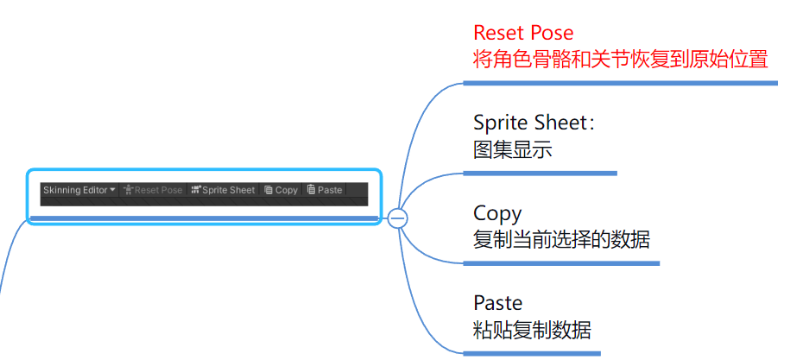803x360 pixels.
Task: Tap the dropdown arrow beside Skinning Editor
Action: (x=113, y=190)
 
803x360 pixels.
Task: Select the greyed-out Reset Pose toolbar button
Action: (x=153, y=190)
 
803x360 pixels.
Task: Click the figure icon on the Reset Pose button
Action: (x=128, y=190)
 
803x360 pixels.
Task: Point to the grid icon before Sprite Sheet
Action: (x=196, y=190)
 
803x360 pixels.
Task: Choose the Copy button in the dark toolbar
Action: (x=281, y=190)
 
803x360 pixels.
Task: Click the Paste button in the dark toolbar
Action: (x=325, y=190)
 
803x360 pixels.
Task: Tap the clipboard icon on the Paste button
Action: (x=311, y=190)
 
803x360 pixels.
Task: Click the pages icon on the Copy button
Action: (x=269, y=190)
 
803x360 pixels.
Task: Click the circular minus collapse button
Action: (x=398, y=218)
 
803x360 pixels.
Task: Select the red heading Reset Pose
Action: (x=523, y=33)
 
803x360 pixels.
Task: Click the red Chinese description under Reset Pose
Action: (x=620, y=59)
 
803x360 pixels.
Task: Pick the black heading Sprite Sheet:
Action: (x=534, y=123)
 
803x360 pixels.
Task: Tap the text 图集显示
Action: (x=513, y=149)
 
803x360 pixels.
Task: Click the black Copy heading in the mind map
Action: (x=497, y=213)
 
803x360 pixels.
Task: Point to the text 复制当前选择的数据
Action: (x=561, y=240)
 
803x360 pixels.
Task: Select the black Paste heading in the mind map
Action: (x=498, y=303)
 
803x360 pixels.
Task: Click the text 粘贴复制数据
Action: (x=532, y=330)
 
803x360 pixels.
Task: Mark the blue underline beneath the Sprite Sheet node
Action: (x=540, y=173)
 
